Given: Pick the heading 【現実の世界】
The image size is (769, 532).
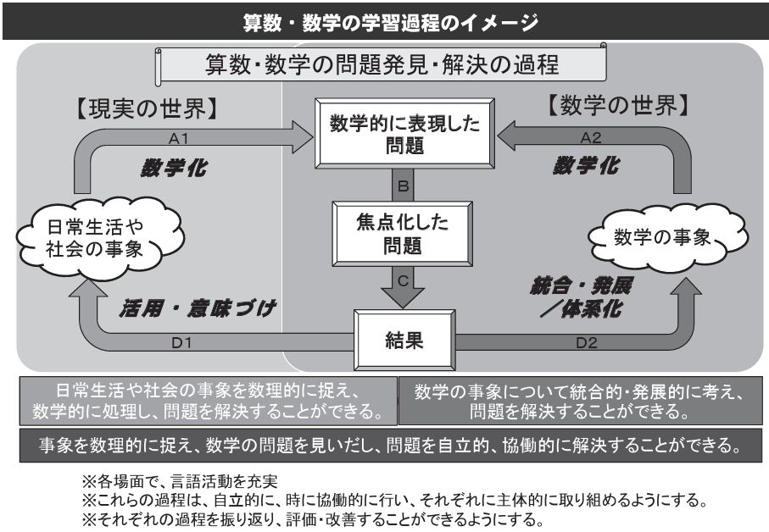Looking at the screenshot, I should [143, 109].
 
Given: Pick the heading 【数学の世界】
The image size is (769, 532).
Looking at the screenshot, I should [616, 108].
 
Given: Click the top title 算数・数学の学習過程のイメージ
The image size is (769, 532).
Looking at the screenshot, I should [384, 19].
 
